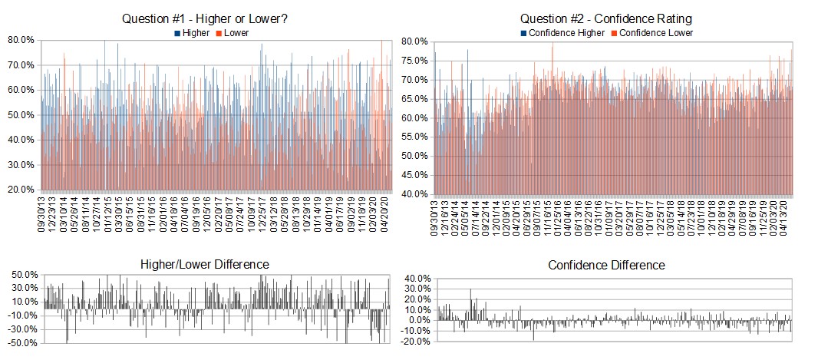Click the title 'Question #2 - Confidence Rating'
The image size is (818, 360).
(606, 19)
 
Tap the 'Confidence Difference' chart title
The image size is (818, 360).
(606, 265)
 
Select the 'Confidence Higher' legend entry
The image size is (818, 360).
(562, 32)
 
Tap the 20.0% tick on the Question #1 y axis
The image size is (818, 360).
(21, 190)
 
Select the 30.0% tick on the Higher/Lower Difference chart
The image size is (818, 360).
(22, 288)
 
